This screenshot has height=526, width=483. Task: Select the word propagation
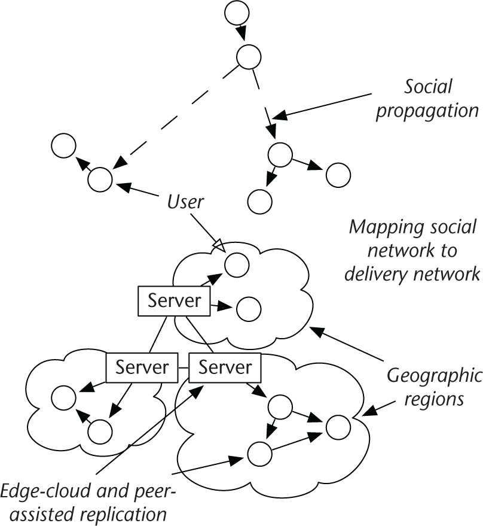(x=427, y=111)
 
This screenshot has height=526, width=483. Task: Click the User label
(x=185, y=202)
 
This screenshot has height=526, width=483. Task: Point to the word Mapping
(x=380, y=228)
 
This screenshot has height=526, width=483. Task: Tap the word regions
(x=434, y=399)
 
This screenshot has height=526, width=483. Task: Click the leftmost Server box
(x=142, y=367)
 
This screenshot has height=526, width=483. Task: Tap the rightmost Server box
(x=225, y=367)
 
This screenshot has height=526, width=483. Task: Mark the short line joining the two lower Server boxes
(x=184, y=367)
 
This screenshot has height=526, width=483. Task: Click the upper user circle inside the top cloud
(x=237, y=264)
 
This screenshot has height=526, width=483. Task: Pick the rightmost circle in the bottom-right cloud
(x=338, y=426)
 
